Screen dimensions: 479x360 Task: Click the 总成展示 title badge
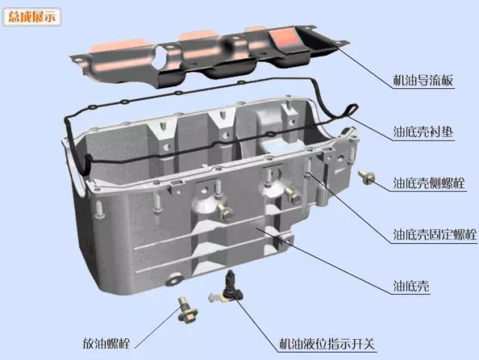pos(31,17)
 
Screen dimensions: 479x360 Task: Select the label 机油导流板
pos(422,80)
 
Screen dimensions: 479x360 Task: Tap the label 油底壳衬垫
pos(422,132)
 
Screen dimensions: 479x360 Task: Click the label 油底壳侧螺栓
pos(429,183)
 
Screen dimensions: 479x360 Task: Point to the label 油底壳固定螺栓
pos(434,234)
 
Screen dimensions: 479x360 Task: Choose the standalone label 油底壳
pos(411,286)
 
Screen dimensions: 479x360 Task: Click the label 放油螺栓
pos(106,344)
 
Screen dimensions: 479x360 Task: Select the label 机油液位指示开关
pos(327,344)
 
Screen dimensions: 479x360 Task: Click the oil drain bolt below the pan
pos(187,309)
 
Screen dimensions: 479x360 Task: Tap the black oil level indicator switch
pos(233,287)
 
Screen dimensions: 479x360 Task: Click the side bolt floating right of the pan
pos(367,177)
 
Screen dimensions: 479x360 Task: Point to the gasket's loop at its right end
pos(352,110)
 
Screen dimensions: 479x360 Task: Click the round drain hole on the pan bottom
pos(174,280)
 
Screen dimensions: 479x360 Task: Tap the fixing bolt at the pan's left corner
pos(100,210)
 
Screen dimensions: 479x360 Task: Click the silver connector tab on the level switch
pos(216,296)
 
